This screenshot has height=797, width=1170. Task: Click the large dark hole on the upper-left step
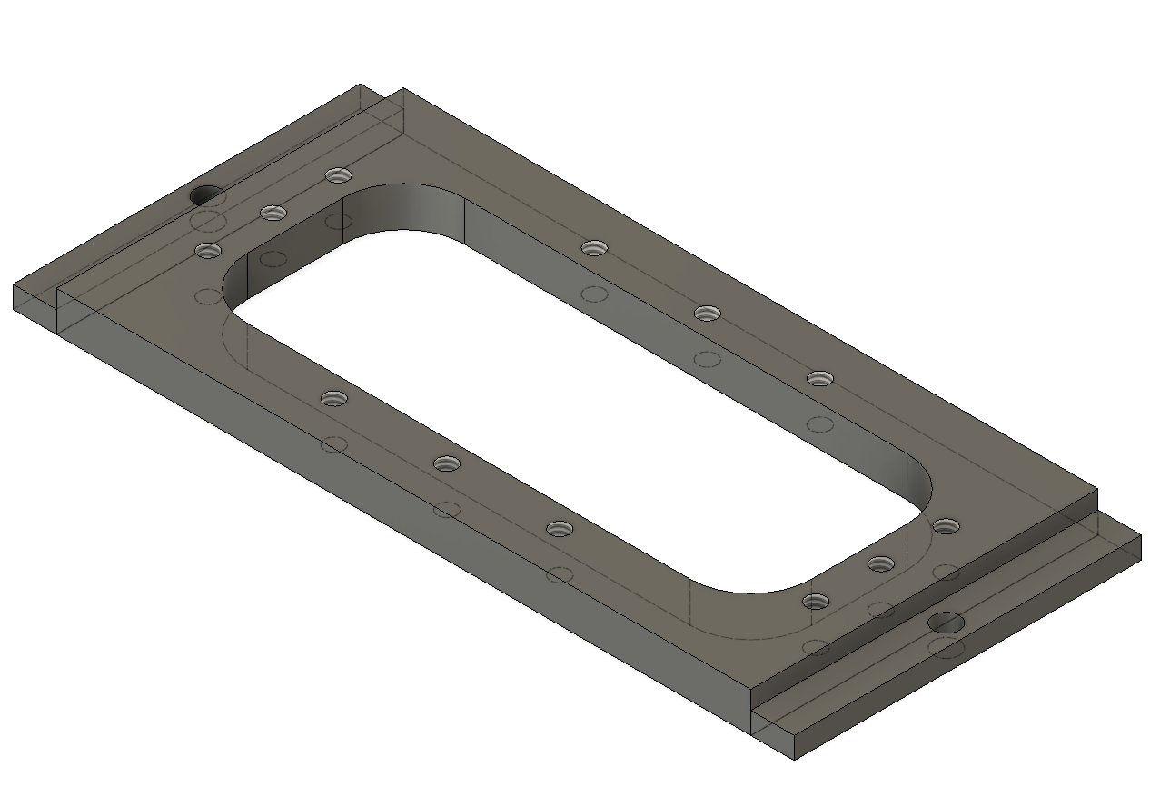pyautogui.click(x=206, y=194)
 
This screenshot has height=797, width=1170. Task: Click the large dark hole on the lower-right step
pyautogui.click(x=947, y=623)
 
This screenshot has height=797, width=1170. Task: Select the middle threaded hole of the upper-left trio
pyautogui.click(x=273, y=213)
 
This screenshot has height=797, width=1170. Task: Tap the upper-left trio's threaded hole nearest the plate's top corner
pyautogui.click(x=338, y=174)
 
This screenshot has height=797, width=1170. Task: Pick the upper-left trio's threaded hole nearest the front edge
pyautogui.click(x=209, y=250)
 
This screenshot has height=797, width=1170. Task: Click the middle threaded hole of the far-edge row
pyautogui.click(x=708, y=313)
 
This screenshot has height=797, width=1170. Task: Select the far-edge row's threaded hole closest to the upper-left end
pyautogui.click(x=594, y=247)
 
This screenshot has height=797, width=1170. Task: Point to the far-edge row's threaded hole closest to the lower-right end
pyautogui.click(x=820, y=378)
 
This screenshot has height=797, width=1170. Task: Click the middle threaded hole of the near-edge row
pyautogui.click(x=447, y=463)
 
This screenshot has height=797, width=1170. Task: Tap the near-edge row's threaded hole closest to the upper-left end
pyautogui.click(x=334, y=398)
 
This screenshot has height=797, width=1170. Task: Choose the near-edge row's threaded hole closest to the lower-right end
pyautogui.click(x=560, y=529)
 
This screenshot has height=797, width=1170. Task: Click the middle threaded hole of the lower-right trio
pyautogui.click(x=880, y=563)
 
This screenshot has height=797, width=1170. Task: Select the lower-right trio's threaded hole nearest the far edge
pyautogui.click(x=946, y=525)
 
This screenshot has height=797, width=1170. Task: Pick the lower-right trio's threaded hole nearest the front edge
pyautogui.click(x=816, y=601)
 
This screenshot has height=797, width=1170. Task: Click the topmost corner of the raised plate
pyautogui.click(x=402, y=89)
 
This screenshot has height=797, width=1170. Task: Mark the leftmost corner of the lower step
pyautogui.click(x=15, y=286)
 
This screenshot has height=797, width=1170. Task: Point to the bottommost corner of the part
pyautogui.click(x=795, y=759)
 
